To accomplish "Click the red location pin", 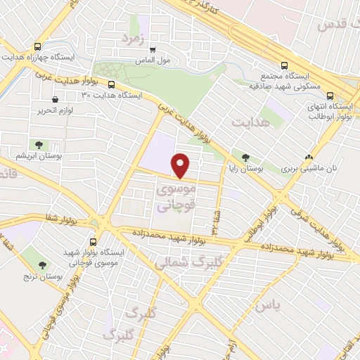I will [x=181, y=165].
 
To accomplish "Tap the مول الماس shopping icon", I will [x=153, y=49].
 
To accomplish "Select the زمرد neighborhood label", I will [x=136, y=39].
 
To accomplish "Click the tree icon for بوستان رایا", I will [x=245, y=157].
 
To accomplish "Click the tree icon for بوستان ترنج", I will [x=44, y=264].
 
